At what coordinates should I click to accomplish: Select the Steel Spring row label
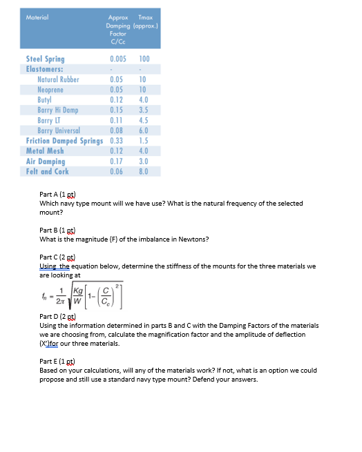coord(45,59)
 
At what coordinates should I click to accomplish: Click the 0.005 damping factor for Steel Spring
coord(117,59)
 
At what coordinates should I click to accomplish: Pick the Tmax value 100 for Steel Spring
coord(144,59)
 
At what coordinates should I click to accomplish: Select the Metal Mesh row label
coord(45,150)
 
